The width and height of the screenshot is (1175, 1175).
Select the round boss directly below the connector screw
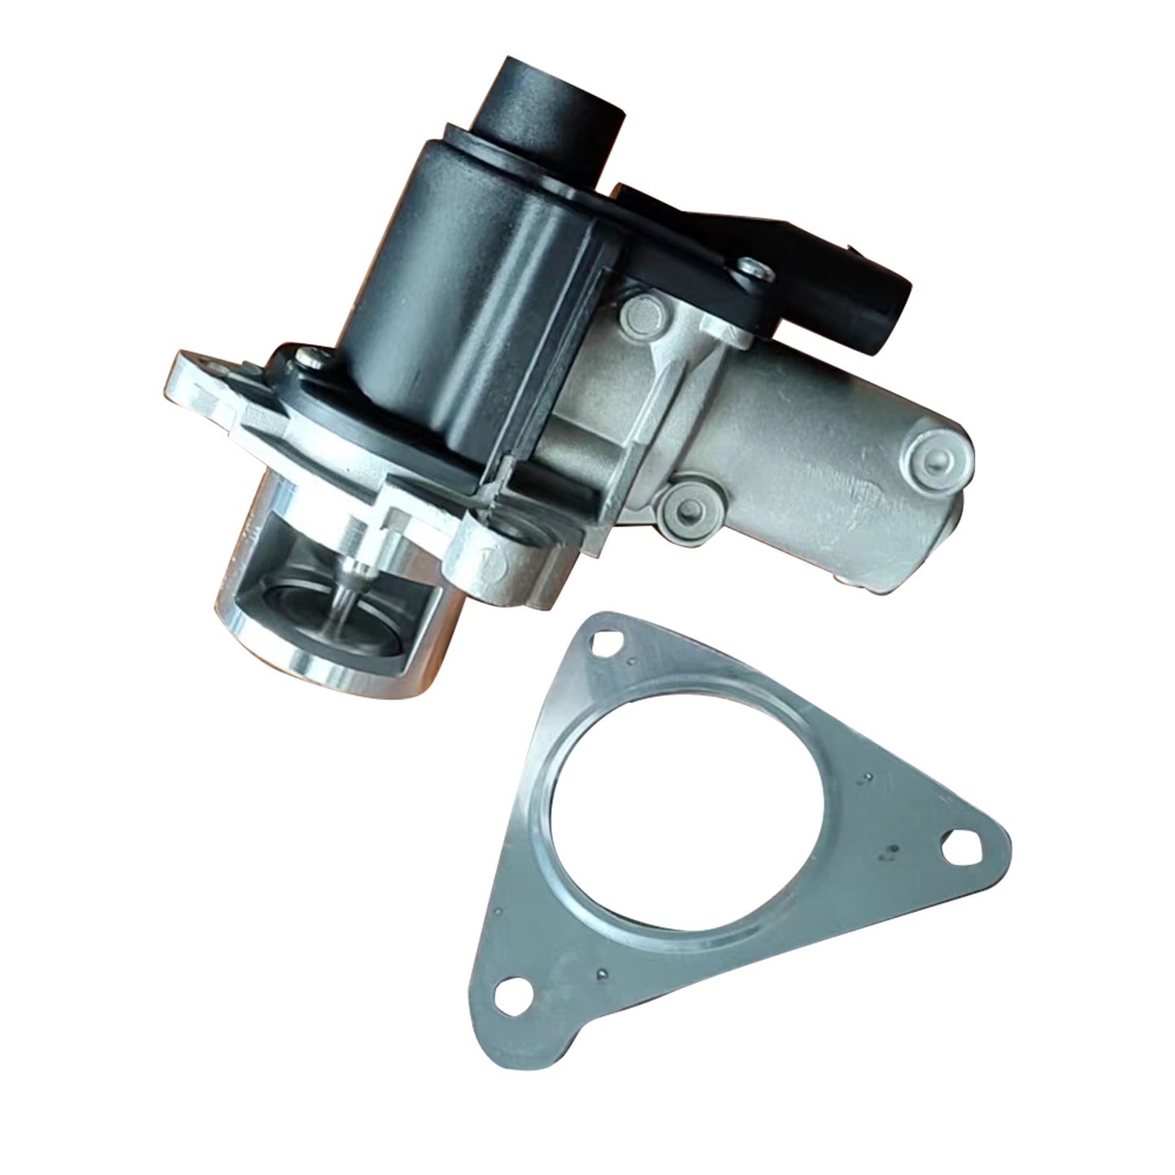click(643, 314)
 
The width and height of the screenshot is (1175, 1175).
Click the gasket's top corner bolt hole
click(604, 642)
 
